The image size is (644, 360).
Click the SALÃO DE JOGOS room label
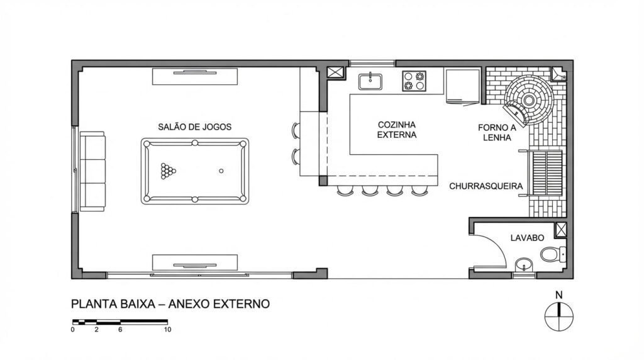coord(194,127)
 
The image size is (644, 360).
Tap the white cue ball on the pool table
coord(221,171)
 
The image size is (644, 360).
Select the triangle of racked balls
coord(168,171)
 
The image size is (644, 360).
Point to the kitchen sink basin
coord(370,81)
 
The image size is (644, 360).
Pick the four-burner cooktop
coord(414,81)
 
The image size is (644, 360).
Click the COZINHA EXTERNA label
coord(397,130)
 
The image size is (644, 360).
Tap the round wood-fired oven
coord(530,99)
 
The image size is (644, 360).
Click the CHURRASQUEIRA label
coord(486,186)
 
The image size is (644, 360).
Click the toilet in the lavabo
coord(552,254)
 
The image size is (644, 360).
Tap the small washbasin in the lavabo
coord(522,265)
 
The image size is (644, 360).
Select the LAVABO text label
coord(527,238)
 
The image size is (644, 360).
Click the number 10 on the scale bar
coord(167,329)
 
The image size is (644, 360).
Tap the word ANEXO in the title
coord(192,304)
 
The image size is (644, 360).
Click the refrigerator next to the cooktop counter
coord(462,86)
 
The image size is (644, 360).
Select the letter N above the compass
coord(558,295)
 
